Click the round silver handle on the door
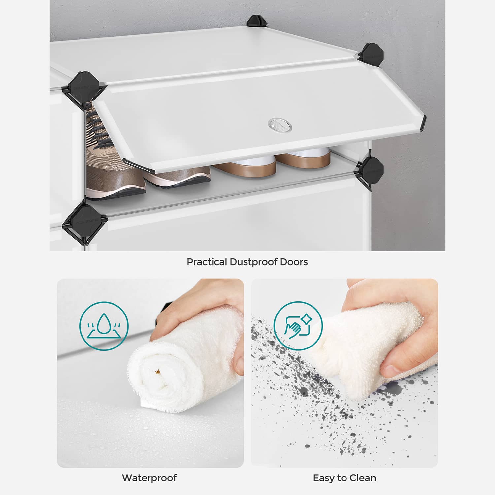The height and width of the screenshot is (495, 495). pyautogui.click(x=280, y=124)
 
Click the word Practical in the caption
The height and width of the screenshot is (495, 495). pyautogui.click(x=207, y=262)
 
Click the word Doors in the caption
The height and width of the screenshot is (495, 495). pyautogui.click(x=294, y=262)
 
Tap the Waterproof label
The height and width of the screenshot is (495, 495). pyautogui.click(x=149, y=478)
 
